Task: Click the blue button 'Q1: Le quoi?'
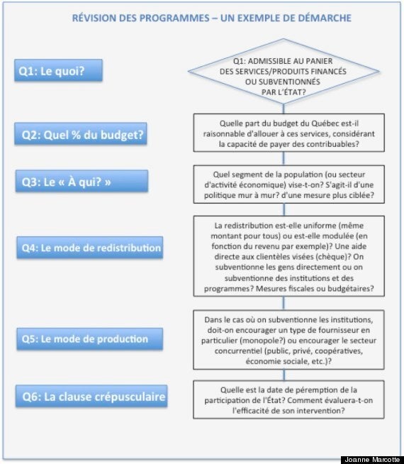coord(59,70)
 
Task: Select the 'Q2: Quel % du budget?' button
coord(81,134)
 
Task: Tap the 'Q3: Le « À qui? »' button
coord(82,181)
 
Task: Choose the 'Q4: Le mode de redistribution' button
coord(90,248)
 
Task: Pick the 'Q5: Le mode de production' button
coord(90,339)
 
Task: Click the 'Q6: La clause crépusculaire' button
coord(91,396)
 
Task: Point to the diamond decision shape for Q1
coord(284,72)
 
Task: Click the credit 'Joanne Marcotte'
coord(372,460)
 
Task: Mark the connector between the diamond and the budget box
coord(284,109)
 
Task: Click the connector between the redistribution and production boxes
coord(284,303)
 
